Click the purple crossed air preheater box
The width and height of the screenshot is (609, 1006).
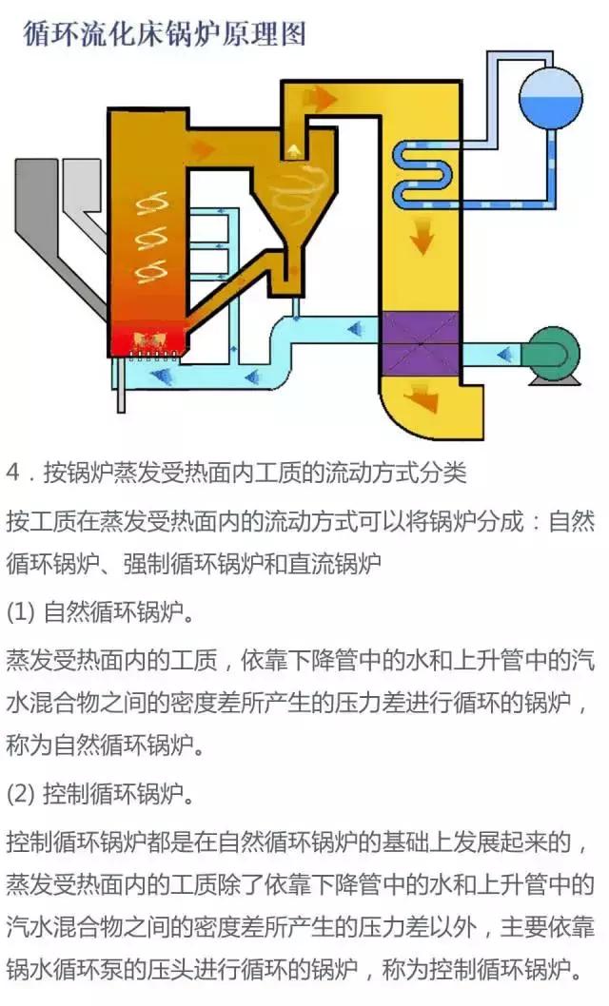click(x=419, y=343)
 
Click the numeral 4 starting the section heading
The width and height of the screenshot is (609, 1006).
click(x=12, y=473)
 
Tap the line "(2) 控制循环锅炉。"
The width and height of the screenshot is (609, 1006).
click(x=100, y=795)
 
